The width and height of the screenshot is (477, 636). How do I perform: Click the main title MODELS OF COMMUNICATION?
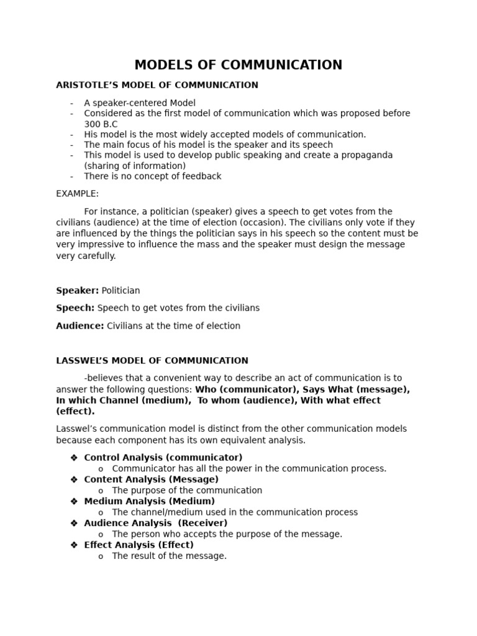click(238, 65)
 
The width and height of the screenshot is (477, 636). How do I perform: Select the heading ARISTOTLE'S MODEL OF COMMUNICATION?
click(157, 85)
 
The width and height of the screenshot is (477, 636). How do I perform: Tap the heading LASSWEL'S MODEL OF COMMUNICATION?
click(152, 361)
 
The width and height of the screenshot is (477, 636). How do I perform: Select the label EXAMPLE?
click(78, 194)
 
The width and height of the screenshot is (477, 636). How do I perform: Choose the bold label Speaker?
click(78, 291)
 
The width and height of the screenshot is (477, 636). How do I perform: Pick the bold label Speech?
click(75, 308)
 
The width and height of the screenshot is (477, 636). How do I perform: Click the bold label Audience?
click(80, 326)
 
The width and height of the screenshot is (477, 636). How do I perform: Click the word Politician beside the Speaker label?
click(121, 291)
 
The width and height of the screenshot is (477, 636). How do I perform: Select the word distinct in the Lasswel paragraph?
click(218, 429)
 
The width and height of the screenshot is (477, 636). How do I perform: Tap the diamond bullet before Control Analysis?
click(74, 458)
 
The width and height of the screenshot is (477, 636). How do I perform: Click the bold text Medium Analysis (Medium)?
click(150, 501)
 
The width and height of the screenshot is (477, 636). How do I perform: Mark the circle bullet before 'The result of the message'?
click(101, 556)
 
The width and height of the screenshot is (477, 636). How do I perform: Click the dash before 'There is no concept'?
click(72, 176)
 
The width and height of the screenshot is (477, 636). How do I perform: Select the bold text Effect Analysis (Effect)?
click(139, 545)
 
